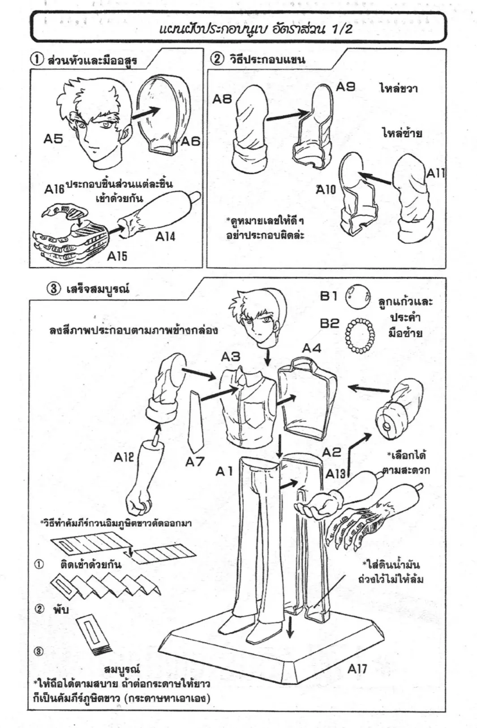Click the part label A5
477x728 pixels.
53,139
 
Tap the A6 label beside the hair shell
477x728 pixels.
190,142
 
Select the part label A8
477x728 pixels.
222,99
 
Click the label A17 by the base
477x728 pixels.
357,669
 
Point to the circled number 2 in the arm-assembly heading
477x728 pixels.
217,60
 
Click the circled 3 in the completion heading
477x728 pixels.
53,289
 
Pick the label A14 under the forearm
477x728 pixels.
165,236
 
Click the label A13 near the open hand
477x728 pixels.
335,474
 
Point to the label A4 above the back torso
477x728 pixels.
312,348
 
